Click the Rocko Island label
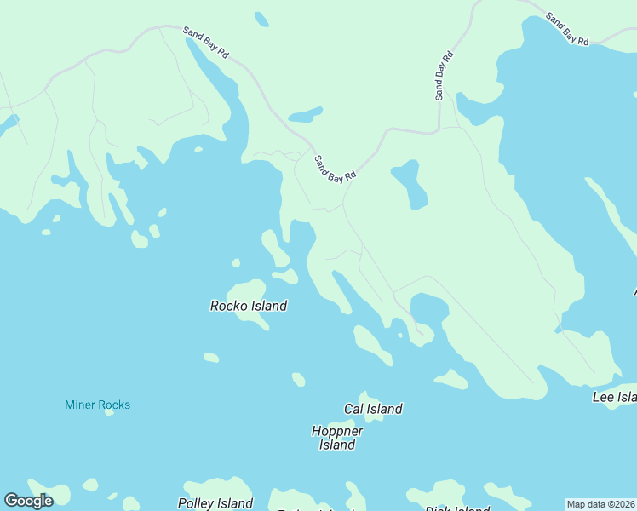point(249,306)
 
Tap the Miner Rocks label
point(98,405)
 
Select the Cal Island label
point(373,409)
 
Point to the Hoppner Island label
point(337,438)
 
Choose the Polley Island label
point(215,503)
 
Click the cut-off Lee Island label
point(615,397)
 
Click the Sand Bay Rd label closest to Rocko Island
point(334,167)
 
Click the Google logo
point(28,501)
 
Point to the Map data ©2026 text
point(601,504)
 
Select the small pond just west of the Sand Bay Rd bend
point(305,114)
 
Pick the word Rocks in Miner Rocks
point(113,405)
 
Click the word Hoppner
point(337,431)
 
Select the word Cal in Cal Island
point(354,409)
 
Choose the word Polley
point(198,503)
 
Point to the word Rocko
point(228,306)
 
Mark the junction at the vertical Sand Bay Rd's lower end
point(438,131)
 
